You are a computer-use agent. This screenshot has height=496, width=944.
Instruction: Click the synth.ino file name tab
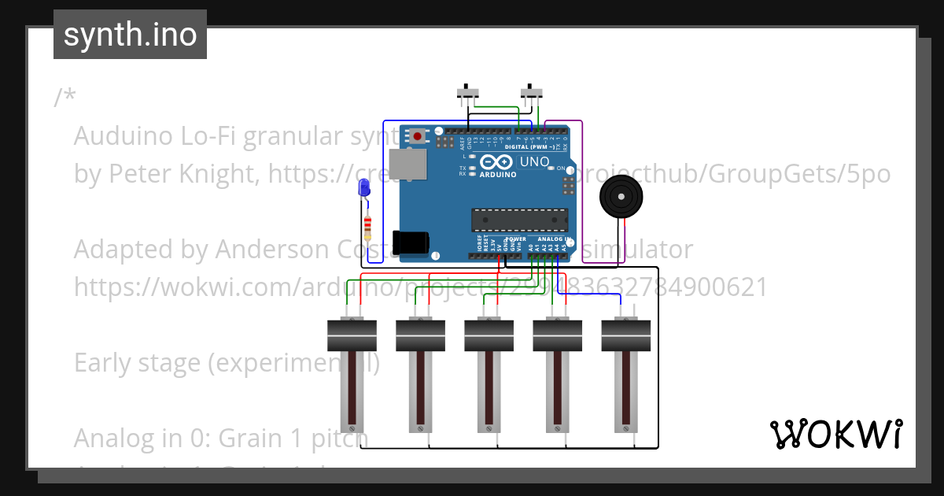[x=130, y=35]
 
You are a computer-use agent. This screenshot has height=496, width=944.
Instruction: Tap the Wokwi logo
[x=835, y=434]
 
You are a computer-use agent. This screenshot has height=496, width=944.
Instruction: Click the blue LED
[x=363, y=188]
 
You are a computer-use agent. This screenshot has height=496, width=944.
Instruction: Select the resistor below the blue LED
[x=367, y=228]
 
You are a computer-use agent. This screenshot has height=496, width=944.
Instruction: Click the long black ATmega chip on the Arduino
[x=519, y=220]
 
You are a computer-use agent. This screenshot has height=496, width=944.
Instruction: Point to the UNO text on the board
[x=535, y=162]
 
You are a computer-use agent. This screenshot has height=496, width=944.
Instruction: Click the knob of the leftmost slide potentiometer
[x=352, y=335]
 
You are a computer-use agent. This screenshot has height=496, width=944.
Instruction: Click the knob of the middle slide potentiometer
[x=489, y=335]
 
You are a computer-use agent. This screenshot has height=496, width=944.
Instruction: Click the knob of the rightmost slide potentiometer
[x=626, y=335]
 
